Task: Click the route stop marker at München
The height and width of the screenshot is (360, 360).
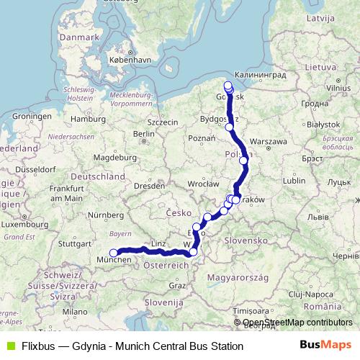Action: click(x=114, y=253)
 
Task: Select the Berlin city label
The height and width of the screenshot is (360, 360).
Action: click(x=144, y=133)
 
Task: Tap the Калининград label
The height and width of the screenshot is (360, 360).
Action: click(x=261, y=74)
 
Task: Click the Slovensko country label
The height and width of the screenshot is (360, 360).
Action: click(x=244, y=239)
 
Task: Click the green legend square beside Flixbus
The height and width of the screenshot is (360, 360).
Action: click(x=9, y=346)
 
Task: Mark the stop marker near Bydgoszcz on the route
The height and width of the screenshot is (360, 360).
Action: click(x=230, y=127)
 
